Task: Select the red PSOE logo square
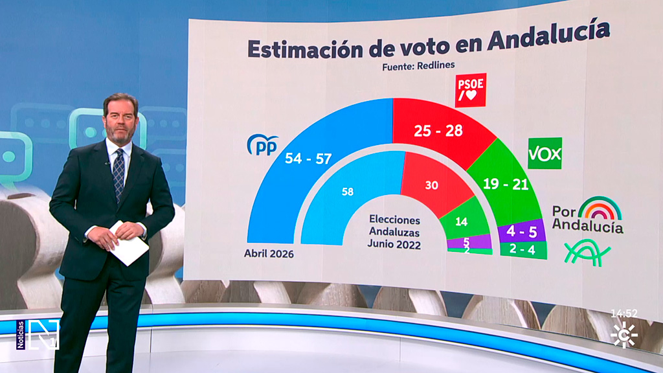pos(471,90)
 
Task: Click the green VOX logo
pos(545,153)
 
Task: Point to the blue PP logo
pos(262,144)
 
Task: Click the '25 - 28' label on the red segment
pos(438,130)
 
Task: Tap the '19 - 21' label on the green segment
pos(506,184)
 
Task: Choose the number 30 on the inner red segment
pos(431,185)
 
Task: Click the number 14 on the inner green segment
pos(461,221)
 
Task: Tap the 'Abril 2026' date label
pos(269,254)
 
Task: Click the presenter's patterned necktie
pos(118,173)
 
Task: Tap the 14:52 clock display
pos(624,313)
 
